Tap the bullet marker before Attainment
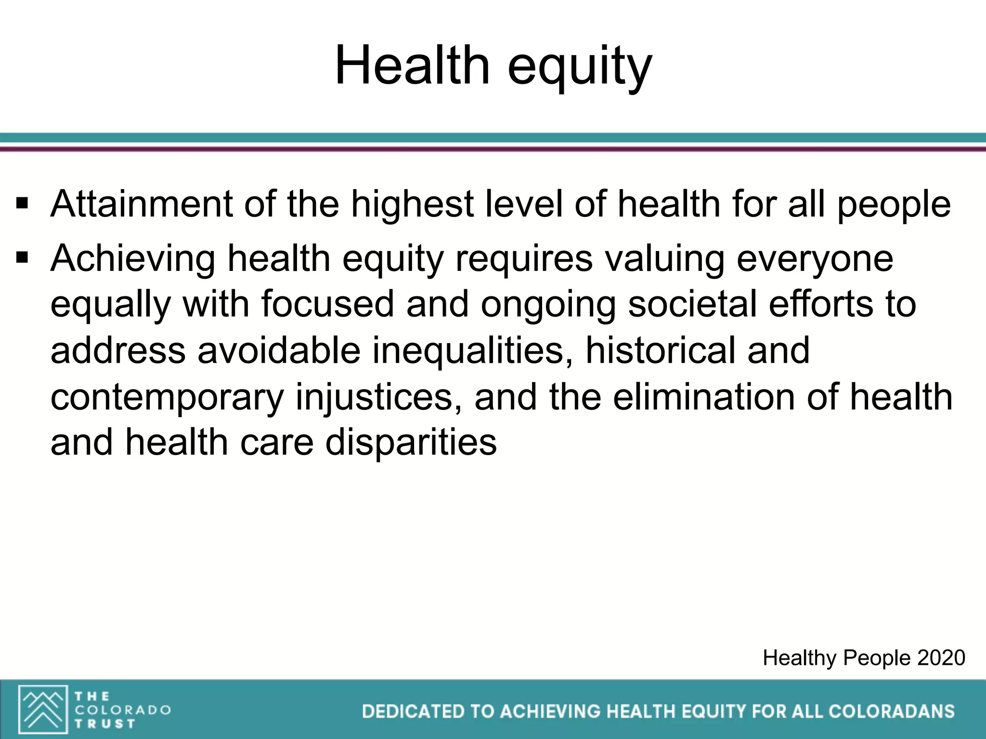[x=22, y=204]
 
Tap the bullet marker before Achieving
[x=22, y=258]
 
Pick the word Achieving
[x=133, y=259]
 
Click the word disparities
[x=411, y=443]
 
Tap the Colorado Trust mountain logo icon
[x=43, y=709]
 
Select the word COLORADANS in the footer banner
[x=892, y=712]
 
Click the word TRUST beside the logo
[x=104, y=723]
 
